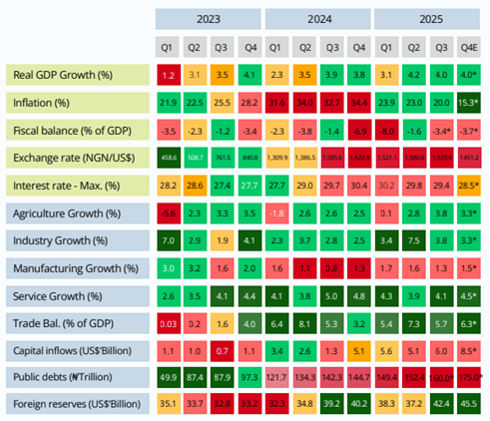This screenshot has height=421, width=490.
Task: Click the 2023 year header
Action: pos(209,18)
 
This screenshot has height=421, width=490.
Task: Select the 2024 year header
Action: pos(317,18)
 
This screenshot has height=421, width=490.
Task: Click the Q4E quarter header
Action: pos(467,46)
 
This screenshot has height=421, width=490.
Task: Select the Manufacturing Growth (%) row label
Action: pos(75,267)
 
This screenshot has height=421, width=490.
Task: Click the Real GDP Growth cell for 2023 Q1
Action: pos(168,75)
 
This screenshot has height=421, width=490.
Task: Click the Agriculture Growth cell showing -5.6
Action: pos(168,212)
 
